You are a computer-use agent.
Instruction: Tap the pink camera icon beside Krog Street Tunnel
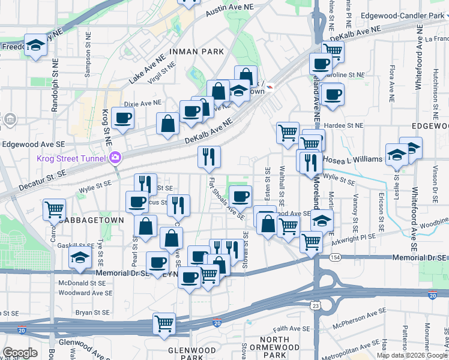click(115, 158)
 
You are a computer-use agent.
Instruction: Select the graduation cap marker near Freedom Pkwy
click(35, 45)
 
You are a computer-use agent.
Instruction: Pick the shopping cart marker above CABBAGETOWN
click(54, 210)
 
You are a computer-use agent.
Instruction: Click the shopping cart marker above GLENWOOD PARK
click(164, 323)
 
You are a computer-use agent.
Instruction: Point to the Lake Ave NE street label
click(148, 71)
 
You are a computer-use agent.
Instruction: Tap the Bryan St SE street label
click(92, 313)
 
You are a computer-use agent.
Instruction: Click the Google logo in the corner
click(20, 353)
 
